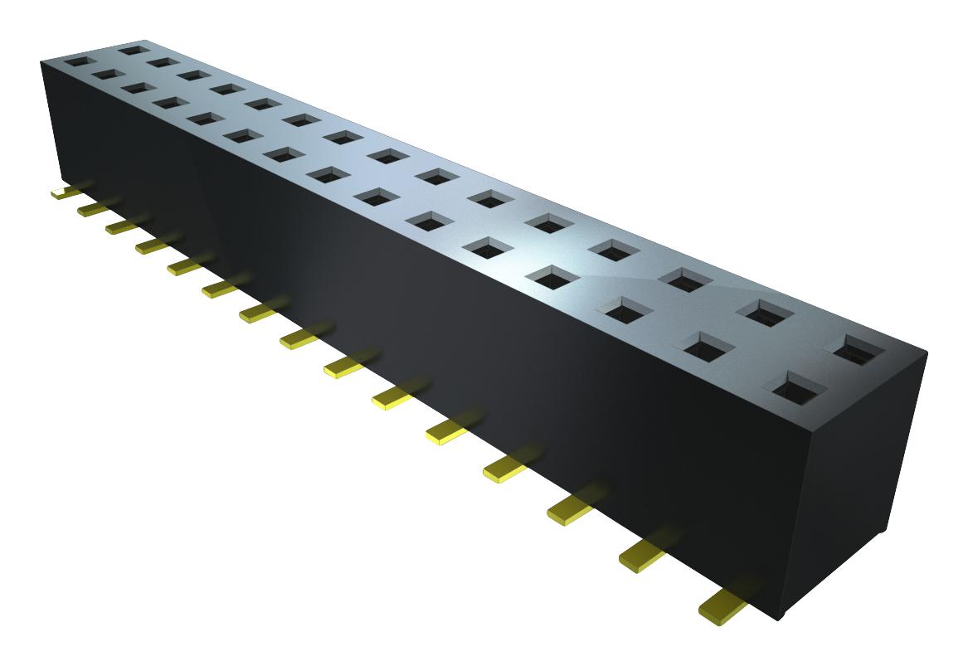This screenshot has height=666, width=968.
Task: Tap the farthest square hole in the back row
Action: pyautogui.click(x=134, y=50)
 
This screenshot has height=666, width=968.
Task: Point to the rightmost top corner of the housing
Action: pyautogui.click(x=926, y=352)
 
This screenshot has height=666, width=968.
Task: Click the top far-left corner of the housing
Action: pyautogui.click(x=41, y=60)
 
